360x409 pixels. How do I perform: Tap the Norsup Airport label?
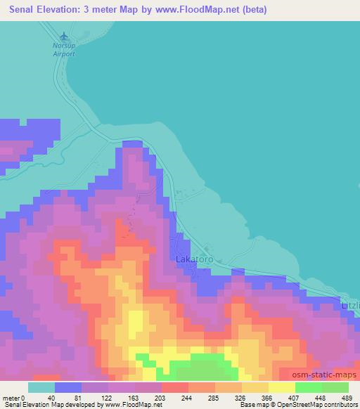coord(63,48)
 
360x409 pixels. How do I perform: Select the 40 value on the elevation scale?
coord(49,397)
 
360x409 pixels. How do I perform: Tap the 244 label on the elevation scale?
coord(167,397)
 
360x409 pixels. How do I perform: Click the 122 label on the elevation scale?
coord(108,397)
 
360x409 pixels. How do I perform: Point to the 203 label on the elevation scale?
coord(138,397)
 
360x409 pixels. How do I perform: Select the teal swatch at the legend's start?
coord(41,387)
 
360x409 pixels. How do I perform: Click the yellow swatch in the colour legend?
coord(281,387)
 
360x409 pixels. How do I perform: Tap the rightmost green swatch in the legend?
coord(335,387)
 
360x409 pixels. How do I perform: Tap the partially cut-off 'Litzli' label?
coord(349,307)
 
